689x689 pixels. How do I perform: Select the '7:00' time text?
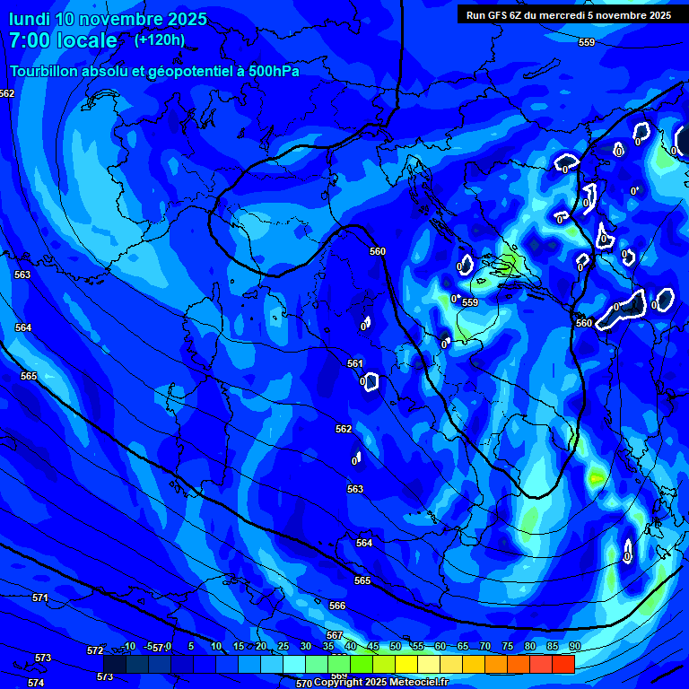33,40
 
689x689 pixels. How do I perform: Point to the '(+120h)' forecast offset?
160,40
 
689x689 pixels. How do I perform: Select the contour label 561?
355,363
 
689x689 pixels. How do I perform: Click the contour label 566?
337,606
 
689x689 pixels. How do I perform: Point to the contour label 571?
39,597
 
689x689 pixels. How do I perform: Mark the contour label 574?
36,683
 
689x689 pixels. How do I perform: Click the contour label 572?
95,650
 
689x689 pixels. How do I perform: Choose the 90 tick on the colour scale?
574,647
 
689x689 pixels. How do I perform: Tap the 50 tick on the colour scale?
396,647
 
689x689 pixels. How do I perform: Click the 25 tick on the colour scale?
283,647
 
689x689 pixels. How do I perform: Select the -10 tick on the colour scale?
128,647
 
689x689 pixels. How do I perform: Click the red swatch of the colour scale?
563,664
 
